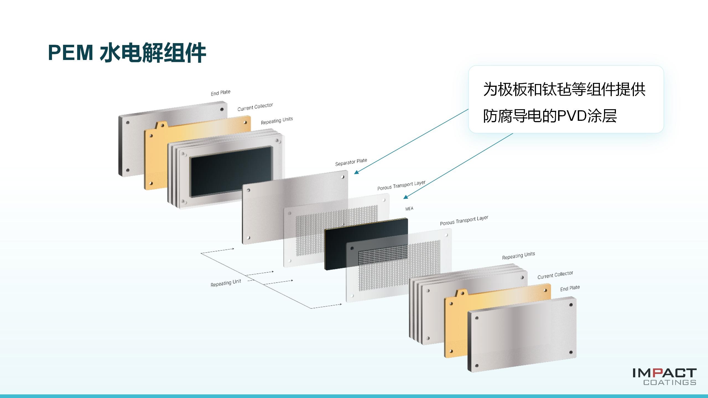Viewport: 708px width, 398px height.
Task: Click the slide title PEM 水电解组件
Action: pos(127,53)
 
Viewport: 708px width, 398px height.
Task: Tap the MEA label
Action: pos(409,209)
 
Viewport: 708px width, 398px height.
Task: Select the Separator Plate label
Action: pos(351,162)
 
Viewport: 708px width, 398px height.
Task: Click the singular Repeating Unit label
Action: pos(226,283)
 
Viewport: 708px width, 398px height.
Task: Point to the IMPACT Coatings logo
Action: pos(664,376)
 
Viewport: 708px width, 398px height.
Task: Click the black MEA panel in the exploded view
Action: pos(366,244)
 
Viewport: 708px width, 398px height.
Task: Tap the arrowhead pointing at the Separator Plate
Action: pos(356,172)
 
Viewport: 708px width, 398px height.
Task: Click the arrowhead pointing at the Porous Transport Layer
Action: pos(406,197)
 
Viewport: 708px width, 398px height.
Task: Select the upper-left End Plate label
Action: pos(220,93)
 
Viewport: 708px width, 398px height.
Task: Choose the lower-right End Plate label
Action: pos(570,288)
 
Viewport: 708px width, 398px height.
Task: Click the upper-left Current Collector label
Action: pos(255,107)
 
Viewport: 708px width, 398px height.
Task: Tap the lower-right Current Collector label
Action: pos(555,275)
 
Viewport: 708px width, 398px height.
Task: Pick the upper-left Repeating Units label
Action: pos(277,121)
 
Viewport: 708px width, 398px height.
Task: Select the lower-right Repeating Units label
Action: pos(518,256)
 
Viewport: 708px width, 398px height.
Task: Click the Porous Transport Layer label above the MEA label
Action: pos(401,185)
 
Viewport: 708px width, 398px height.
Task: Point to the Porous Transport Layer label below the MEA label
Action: pos(464,220)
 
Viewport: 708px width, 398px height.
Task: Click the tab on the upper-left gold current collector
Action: pos(162,125)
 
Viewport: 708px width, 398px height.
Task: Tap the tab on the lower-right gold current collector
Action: pos(462,293)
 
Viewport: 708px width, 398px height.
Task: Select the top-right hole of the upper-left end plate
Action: pos(222,109)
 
